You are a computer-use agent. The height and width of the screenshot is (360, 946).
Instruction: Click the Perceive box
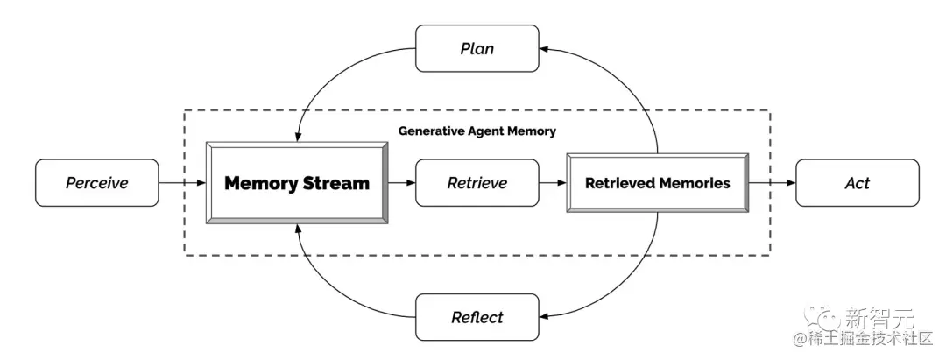pos(97,183)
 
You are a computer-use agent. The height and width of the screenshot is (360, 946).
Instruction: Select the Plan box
pos(477,48)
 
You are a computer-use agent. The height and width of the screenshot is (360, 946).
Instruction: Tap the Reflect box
pos(477,317)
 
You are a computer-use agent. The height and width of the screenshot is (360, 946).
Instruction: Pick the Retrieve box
pos(477,183)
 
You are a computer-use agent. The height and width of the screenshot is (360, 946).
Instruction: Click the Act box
pos(858,183)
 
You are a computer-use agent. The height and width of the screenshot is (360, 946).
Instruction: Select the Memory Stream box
pos(297,183)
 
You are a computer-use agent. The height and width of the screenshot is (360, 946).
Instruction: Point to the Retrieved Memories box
pos(658,183)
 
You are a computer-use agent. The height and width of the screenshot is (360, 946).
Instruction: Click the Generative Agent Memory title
pos(477,131)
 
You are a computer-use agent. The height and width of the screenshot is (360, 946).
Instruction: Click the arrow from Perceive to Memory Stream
pos(182,183)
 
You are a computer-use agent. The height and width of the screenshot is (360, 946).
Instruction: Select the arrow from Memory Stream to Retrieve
pos(402,183)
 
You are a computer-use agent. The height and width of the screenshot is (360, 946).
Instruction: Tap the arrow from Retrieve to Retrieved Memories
pos(553,183)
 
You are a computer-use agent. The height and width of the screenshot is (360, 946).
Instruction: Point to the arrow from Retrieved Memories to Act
pos(773,183)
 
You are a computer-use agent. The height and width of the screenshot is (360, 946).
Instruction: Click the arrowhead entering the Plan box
pos(544,48)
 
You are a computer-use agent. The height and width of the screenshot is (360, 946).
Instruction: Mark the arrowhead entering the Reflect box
pos(544,317)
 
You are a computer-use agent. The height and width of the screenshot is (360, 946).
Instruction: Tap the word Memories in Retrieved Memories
pos(695,183)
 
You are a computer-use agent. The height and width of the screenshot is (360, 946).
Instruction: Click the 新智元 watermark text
pos(879,317)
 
